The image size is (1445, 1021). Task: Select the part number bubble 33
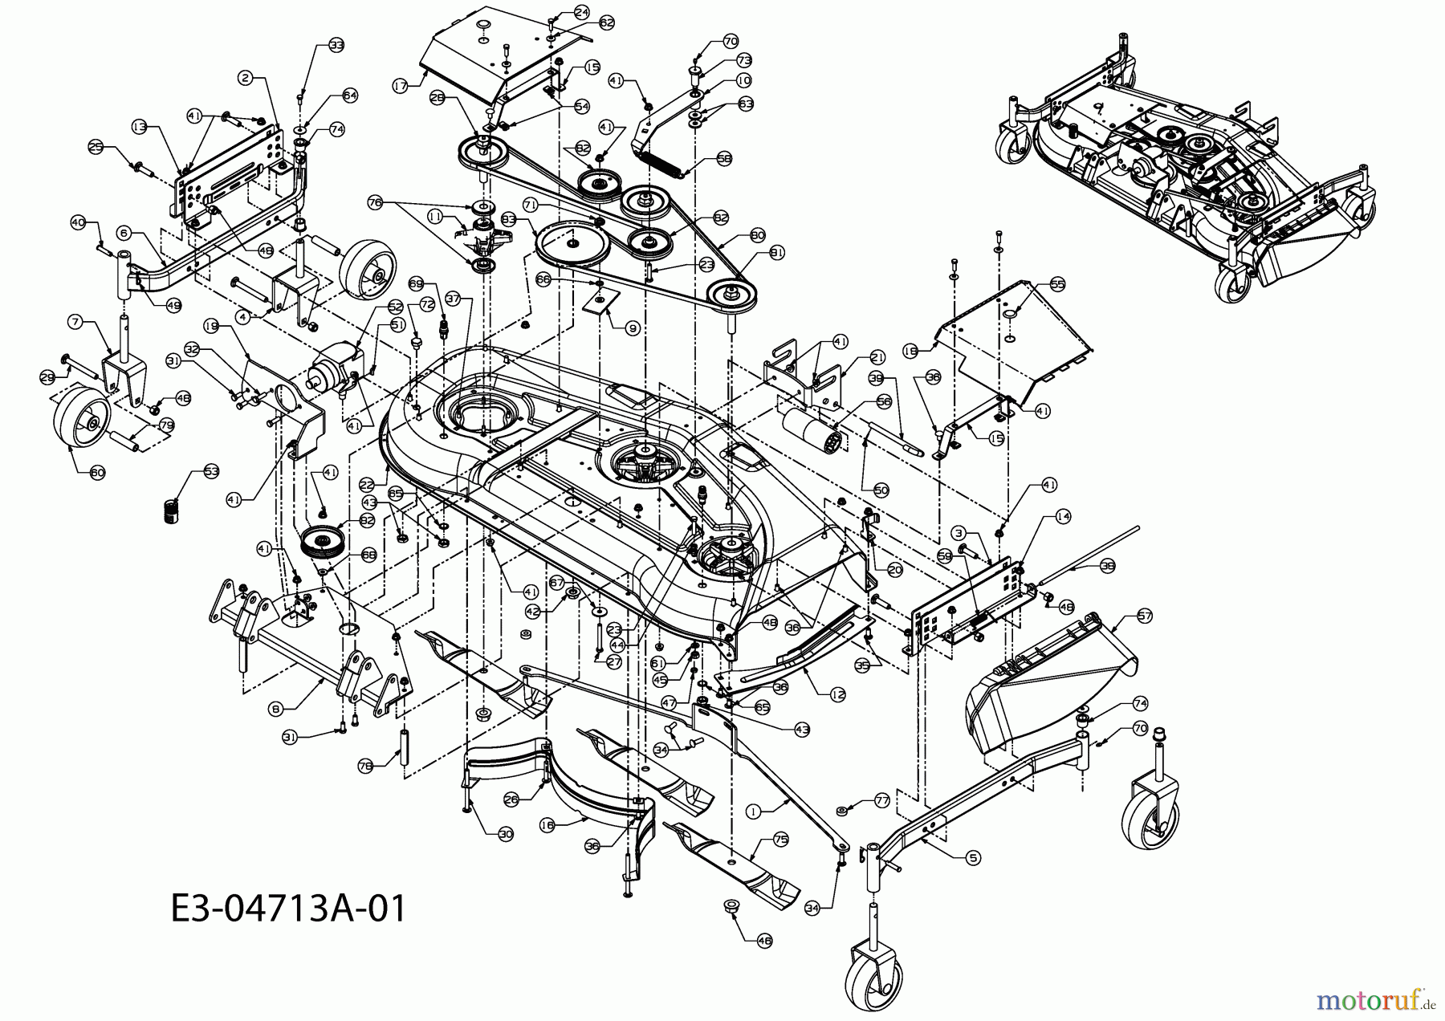(x=336, y=46)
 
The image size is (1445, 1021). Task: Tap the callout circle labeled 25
(x=96, y=147)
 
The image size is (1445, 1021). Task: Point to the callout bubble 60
(x=96, y=473)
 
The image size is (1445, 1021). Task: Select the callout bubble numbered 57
(x=1144, y=616)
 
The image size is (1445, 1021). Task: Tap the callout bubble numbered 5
(x=973, y=857)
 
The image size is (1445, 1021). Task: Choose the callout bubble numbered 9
(x=633, y=327)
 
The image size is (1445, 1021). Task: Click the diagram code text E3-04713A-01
(x=288, y=909)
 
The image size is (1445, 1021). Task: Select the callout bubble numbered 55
(x=1057, y=285)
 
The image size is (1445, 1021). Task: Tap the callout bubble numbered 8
(x=276, y=708)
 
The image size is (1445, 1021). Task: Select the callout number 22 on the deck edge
(x=367, y=484)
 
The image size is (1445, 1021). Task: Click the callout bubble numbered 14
(x=1063, y=517)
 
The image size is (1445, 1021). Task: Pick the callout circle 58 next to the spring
(x=725, y=159)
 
